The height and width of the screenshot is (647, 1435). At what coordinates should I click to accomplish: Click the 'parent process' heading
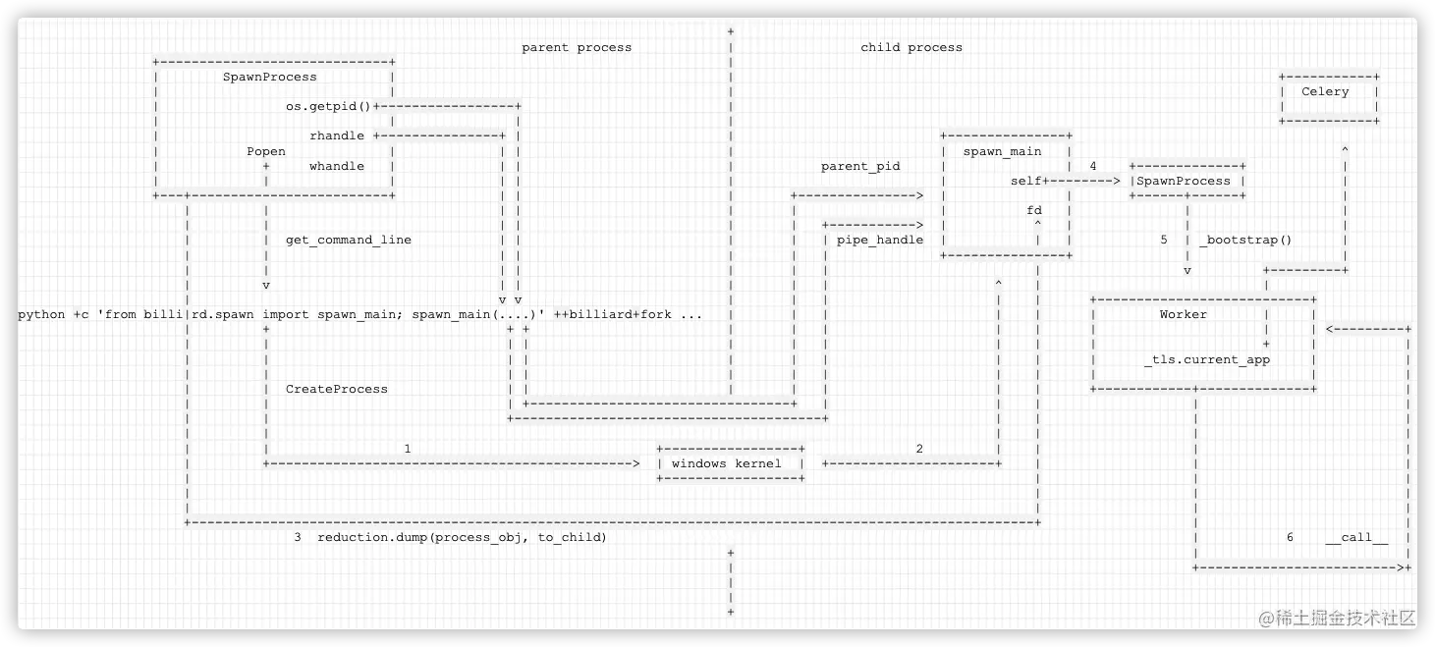[577, 47]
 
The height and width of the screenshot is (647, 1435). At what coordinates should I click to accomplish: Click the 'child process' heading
[911, 47]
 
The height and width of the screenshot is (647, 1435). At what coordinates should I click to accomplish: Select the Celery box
[1325, 92]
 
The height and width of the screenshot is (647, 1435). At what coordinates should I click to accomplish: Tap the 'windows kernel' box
[727, 463]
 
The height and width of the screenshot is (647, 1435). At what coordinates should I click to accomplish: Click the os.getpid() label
[336, 107]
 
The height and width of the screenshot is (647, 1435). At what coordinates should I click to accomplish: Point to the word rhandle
[337, 136]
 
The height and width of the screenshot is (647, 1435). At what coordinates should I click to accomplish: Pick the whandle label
[337, 167]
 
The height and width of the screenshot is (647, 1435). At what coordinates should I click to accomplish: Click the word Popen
[266, 152]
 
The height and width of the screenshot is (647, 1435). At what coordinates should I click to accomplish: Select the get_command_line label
[349, 240]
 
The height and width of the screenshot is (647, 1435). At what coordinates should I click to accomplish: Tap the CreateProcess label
[337, 390]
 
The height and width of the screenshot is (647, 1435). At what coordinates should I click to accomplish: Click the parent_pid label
[860, 167]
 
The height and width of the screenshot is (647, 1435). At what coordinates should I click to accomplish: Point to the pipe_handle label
[880, 240]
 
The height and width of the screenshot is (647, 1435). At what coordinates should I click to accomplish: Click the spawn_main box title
[1002, 152]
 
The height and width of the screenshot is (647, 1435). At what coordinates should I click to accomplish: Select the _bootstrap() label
[1245, 240]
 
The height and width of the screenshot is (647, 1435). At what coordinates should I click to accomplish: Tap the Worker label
[1183, 314]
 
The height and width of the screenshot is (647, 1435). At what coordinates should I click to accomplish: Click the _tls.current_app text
[1207, 360]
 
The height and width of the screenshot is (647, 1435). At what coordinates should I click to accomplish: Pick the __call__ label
[1356, 538]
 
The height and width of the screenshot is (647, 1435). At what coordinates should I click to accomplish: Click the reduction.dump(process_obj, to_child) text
[462, 538]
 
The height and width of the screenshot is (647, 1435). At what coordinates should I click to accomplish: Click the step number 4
[1092, 167]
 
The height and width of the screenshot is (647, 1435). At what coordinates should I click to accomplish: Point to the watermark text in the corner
[1339, 618]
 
